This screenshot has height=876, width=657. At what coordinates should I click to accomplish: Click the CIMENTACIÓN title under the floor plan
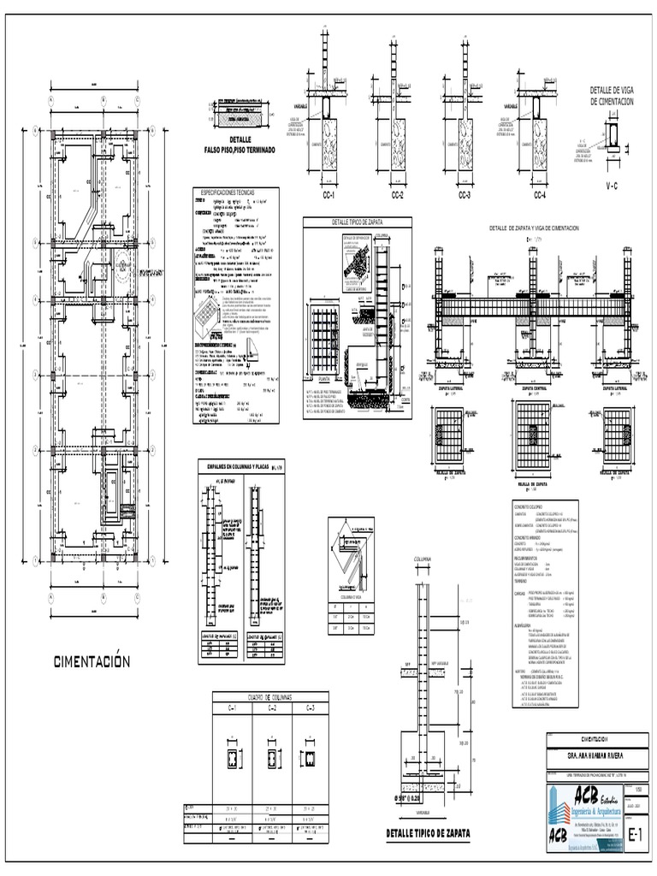(x=92, y=660)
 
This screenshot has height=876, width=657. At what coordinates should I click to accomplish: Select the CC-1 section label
(x=328, y=196)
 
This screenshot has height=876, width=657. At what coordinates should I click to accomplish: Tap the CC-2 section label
(x=398, y=196)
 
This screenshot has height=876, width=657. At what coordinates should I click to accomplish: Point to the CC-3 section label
(x=465, y=196)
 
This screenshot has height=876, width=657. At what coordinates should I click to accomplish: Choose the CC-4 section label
(x=539, y=196)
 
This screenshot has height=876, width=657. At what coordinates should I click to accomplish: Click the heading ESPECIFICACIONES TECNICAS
(x=233, y=193)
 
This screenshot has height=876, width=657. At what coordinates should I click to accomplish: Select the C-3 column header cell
(x=310, y=708)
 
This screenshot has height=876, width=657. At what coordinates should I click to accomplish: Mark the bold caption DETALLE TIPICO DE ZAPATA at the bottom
(x=428, y=832)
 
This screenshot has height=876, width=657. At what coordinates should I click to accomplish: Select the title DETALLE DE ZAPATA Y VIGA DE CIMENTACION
(x=533, y=229)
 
